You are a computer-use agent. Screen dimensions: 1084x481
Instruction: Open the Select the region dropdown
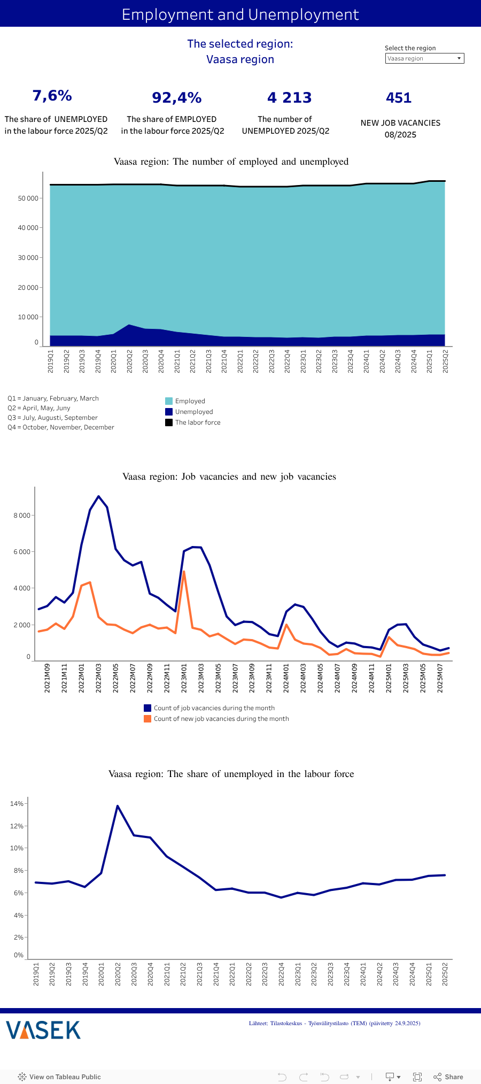tap(424, 58)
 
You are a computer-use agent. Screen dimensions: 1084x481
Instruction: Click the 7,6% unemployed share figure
tap(52, 96)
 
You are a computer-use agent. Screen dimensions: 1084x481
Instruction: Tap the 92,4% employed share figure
tap(176, 98)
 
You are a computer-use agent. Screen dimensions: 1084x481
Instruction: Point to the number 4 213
tap(289, 98)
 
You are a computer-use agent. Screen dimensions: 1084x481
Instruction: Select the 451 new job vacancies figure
tap(399, 98)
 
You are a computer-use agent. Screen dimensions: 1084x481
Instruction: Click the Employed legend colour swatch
tap(169, 401)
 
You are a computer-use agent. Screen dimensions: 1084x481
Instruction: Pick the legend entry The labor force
tap(197, 422)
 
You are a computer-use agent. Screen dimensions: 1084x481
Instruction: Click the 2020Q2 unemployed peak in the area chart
tap(129, 325)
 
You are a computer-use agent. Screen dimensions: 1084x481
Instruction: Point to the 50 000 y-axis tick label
tap(28, 198)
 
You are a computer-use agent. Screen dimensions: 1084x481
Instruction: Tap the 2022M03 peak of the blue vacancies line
tap(98, 496)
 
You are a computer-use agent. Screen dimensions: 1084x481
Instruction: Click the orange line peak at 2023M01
tap(184, 572)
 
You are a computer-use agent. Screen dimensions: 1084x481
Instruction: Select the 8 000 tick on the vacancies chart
tap(22, 516)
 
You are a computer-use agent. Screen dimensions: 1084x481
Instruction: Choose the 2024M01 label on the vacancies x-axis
tap(286, 678)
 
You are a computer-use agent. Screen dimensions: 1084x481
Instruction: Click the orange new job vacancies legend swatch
tap(148, 719)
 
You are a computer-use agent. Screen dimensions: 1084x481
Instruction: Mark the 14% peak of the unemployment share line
tap(118, 806)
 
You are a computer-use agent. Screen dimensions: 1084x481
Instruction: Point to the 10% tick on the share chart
tap(17, 848)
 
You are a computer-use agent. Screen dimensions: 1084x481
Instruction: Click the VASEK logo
tap(43, 1029)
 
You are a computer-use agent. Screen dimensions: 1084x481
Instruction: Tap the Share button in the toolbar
tap(448, 1077)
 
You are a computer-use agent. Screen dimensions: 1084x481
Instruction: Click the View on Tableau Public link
tap(59, 1077)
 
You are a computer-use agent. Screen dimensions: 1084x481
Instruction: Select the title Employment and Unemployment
tap(241, 14)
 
